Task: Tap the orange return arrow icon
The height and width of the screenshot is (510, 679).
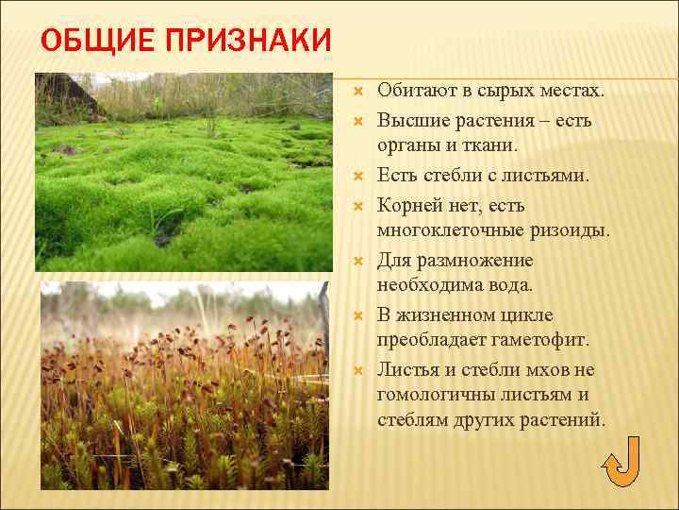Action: (x=620, y=463)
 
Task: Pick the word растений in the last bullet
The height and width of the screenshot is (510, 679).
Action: (x=566, y=420)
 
